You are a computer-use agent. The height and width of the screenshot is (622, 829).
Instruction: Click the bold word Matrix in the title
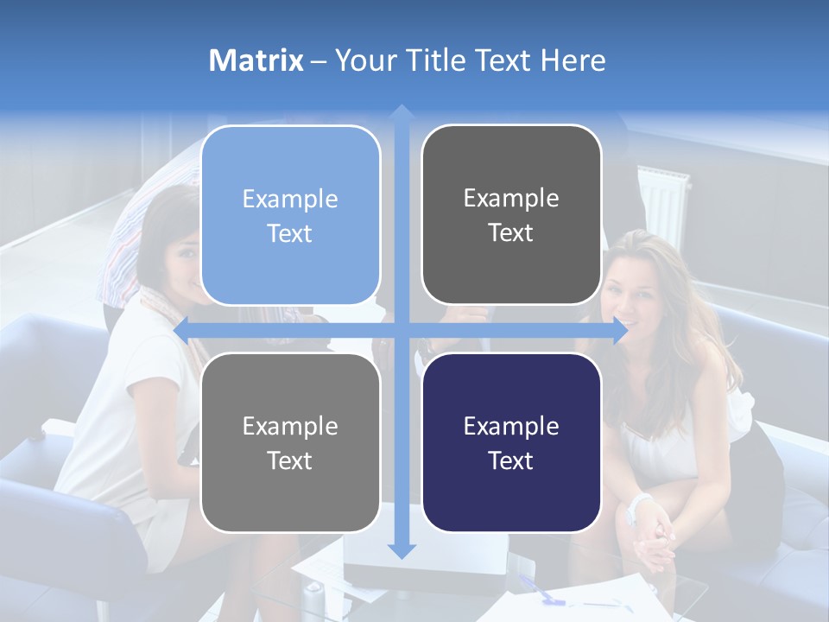coord(256,60)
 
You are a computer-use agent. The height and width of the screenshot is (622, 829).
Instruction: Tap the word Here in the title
coord(573,60)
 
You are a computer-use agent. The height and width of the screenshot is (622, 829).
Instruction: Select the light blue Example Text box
coord(290,215)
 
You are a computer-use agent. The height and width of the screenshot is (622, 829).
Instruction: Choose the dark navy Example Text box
coord(511,442)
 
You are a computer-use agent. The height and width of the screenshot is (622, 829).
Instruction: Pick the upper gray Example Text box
coord(511,214)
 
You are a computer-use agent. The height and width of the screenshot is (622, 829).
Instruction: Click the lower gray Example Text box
coord(290,442)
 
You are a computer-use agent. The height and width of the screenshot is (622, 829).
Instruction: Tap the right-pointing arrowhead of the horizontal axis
coord(621,331)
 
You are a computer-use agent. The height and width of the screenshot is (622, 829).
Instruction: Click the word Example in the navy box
coord(511,426)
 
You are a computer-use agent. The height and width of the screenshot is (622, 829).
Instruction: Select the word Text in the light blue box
coord(290,233)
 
